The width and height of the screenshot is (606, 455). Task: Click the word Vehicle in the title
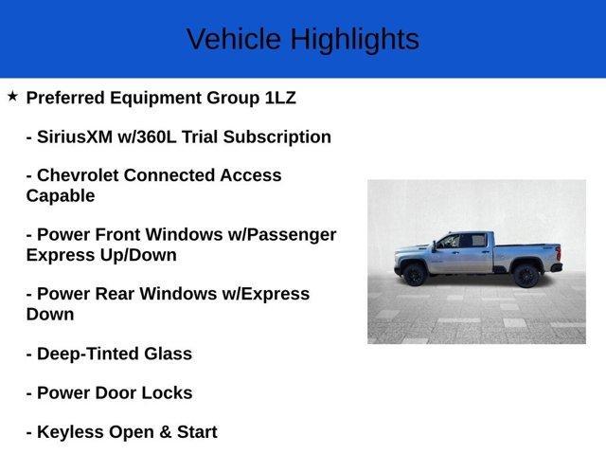(x=234, y=39)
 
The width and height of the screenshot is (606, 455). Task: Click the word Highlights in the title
(x=354, y=39)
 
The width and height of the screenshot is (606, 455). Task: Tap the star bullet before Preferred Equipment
(x=12, y=97)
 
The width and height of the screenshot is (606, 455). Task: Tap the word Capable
(x=61, y=195)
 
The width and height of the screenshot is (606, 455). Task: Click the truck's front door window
(x=448, y=242)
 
